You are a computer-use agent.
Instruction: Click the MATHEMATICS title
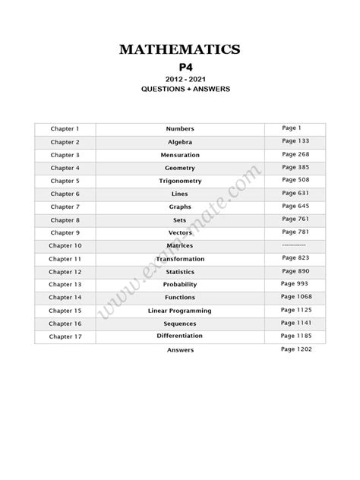pos(180,49)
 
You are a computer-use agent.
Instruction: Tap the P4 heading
pos(180,67)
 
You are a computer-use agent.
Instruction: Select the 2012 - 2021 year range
pos(180,79)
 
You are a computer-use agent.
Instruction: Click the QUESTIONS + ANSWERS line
pos(180,89)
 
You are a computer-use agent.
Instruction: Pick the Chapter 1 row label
pos(65,129)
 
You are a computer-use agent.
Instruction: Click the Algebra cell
pos(180,142)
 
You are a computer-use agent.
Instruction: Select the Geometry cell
pos(180,168)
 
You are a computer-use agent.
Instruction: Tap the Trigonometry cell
pos(180,181)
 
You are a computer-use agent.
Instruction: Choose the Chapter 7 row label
pos(65,207)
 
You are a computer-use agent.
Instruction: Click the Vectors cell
pos(180,232)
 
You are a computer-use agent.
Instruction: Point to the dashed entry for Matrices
pos(293,245)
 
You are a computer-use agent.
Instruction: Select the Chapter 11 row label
pos(65,259)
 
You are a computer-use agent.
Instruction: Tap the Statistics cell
pos(180,272)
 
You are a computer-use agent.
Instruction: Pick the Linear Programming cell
pos(180,311)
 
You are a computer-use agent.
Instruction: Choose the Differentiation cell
pos(180,336)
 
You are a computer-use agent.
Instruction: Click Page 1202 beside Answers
pos(296,349)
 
